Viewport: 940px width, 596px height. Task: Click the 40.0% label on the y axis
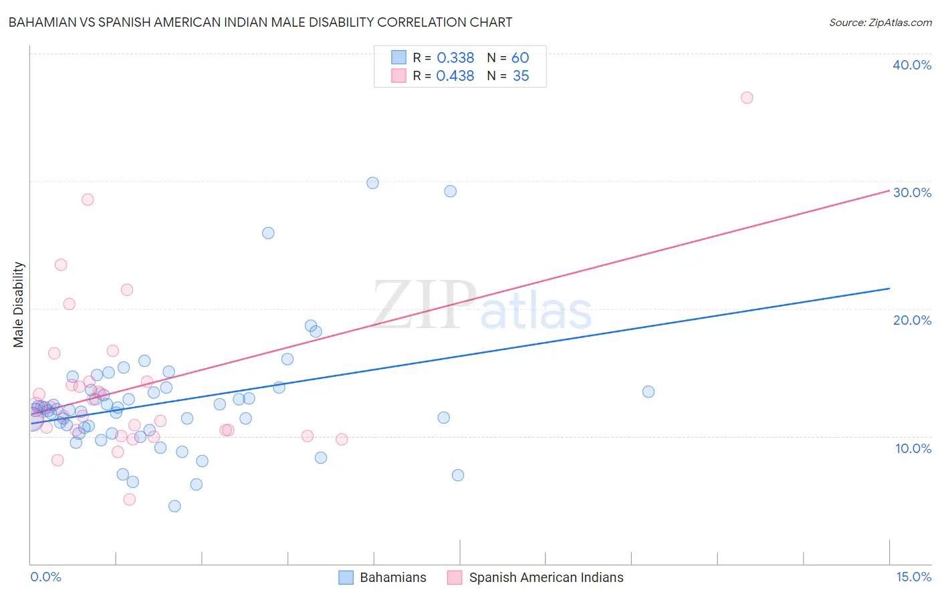(912, 65)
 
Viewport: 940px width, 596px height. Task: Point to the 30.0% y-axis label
(912, 192)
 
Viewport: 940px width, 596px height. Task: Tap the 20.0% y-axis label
(912, 320)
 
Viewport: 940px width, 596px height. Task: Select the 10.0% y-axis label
(913, 448)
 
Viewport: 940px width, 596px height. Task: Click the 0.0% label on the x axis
(45, 577)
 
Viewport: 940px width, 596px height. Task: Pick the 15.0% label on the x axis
(913, 577)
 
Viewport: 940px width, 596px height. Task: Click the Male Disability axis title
(19, 304)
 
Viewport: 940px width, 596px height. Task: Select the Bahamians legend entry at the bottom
(392, 577)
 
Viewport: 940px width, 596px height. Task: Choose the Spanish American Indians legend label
(546, 577)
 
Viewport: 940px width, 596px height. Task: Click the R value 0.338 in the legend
(455, 58)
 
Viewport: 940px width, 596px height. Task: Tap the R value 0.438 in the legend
(455, 76)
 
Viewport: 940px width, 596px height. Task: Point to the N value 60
(520, 58)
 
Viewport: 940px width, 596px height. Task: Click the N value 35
(521, 76)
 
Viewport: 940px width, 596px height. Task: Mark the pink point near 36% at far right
(747, 98)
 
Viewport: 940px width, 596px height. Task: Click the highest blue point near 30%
(372, 183)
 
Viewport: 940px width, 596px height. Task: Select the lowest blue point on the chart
(174, 506)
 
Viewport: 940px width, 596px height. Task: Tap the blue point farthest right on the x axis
(648, 392)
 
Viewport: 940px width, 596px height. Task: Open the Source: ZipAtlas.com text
(880, 23)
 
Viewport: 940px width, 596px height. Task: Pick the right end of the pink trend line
(889, 190)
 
